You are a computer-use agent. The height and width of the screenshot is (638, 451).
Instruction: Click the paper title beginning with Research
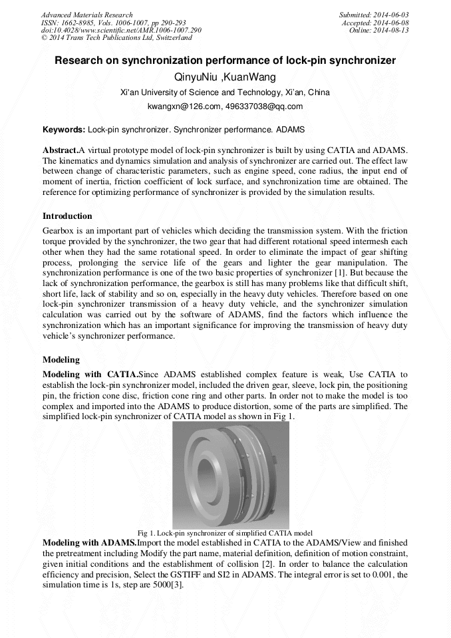[225, 61]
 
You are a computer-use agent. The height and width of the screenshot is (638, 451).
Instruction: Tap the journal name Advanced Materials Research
[86, 15]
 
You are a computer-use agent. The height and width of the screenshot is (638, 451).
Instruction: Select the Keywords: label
[64, 129]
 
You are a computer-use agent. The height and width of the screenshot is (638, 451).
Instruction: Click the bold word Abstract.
[60, 150]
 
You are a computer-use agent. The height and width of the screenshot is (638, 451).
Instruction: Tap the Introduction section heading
[67, 216]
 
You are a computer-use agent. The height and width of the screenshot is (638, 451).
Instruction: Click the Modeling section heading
[61, 360]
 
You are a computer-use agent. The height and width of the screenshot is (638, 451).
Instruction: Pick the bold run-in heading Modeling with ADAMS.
[90, 543]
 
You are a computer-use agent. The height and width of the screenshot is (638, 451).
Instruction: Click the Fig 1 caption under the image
[225, 533]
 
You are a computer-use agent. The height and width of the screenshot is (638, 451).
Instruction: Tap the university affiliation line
[225, 92]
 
